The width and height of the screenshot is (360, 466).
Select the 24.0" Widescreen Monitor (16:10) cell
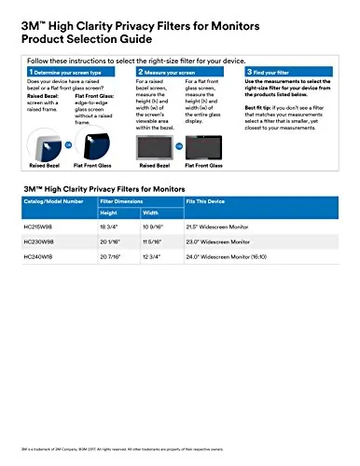click(x=257, y=254)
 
